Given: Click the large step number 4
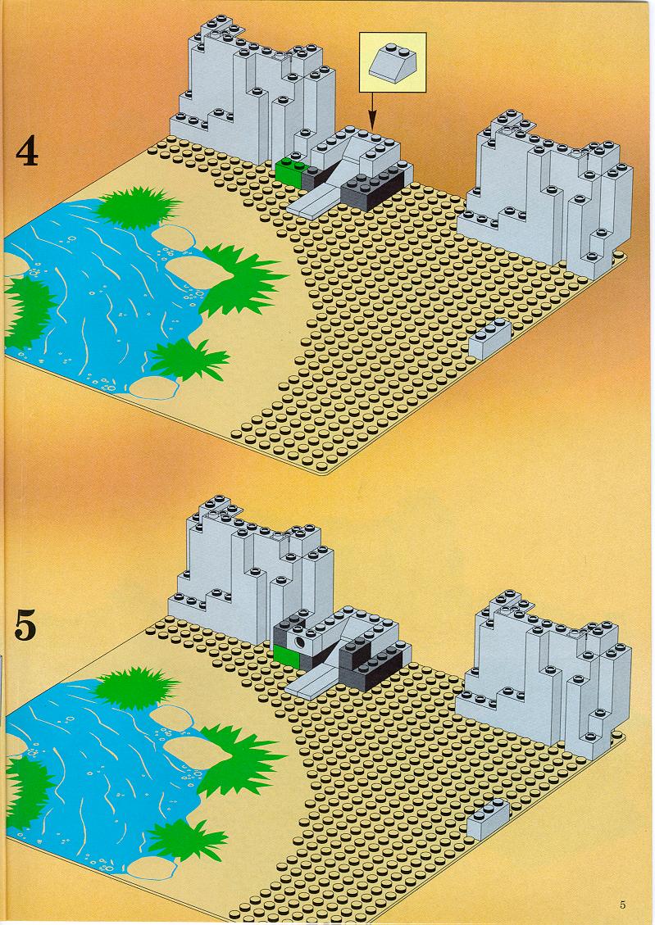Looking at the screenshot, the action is (26, 151).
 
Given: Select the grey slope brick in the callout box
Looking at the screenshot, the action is (392, 61).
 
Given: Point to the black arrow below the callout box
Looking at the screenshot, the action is (371, 111).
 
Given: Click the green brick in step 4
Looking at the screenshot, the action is (289, 170).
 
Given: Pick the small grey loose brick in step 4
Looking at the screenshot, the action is (489, 339).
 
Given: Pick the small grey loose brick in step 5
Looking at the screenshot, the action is (488, 820).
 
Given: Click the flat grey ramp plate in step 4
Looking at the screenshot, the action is (316, 201).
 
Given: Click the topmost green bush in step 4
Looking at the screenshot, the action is (138, 206).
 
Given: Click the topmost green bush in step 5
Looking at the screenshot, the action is (136, 687).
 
